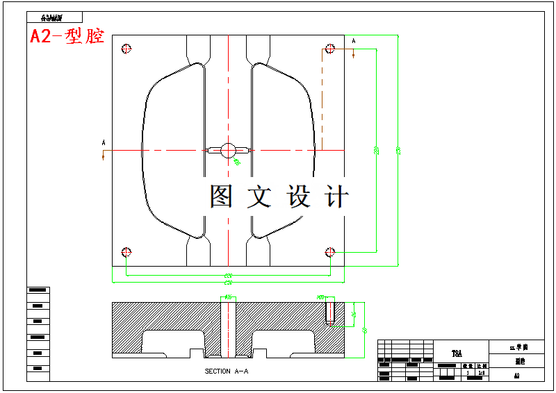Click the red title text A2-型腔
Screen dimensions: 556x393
pyautogui.click(x=67, y=37)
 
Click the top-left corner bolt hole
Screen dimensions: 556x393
pyautogui.click(x=126, y=49)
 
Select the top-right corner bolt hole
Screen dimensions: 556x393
pyautogui.click(x=331, y=49)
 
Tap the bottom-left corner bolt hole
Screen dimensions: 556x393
pyautogui.click(x=126, y=251)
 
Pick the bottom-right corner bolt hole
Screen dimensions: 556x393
pyautogui.click(x=331, y=251)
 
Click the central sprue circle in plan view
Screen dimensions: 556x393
pyautogui.click(x=228, y=149)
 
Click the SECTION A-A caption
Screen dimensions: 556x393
pyautogui.click(x=227, y=371)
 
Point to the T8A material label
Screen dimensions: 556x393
pyautogui.click(x=457, y=353)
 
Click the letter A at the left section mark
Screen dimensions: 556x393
pyautogui.click(x=104, y=143)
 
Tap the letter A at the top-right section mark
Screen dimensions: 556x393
pyautogui.click(x=354, y=42)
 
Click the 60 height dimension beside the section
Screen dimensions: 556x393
pyautogui.click(x=365, y=330)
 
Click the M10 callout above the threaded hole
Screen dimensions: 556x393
pyautogui.click(x=320, y=297)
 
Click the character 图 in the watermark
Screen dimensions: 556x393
pyautogui.click(x=222, y=197)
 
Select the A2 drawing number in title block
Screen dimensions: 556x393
pyautogui.click(x=516, y=375)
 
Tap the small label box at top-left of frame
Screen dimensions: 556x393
pyautogui.click(x=56, y=17)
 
